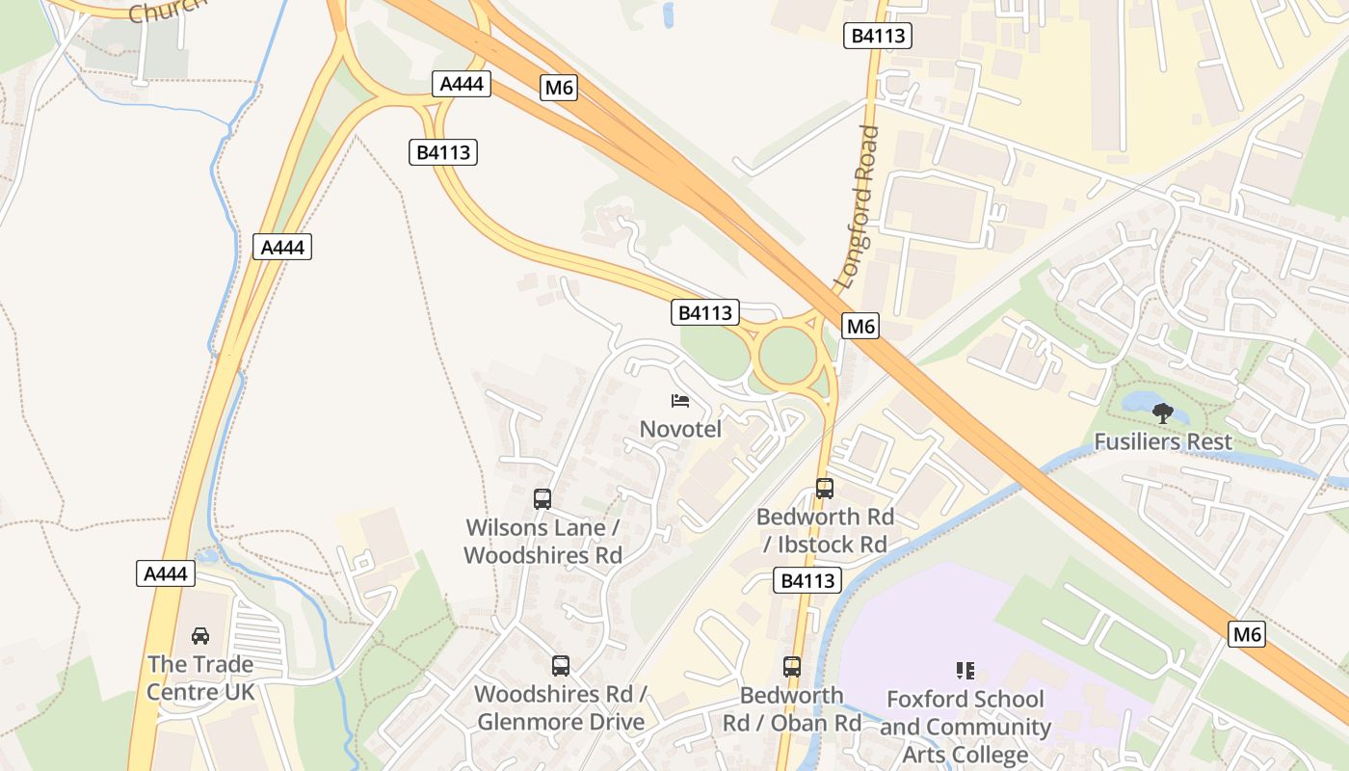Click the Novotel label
tap(680, 429)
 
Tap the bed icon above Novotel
tap(680, 400)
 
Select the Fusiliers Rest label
tap(1162, 442)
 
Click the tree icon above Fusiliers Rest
tap(1163, 413)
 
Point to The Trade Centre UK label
tap(200, 678)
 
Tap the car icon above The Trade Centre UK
tap(200, 636)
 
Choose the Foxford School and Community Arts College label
tap(965, 727)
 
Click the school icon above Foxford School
tap(965, 670)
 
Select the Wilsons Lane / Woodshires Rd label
tap(542, 542)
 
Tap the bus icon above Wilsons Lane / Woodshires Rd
tap(542, 499)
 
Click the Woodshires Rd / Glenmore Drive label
tap(560, 707)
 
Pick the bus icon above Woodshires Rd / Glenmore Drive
tap(560, 665)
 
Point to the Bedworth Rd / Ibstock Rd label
tap(825, 530)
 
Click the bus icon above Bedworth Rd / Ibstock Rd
tap(825, 489)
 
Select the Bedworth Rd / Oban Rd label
tap(792, 708)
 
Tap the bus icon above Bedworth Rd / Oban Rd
tap(792, 666)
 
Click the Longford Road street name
tap(859, 207)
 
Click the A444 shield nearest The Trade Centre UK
tap(166, 574)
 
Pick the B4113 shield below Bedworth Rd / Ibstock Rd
tap(807, 580)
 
